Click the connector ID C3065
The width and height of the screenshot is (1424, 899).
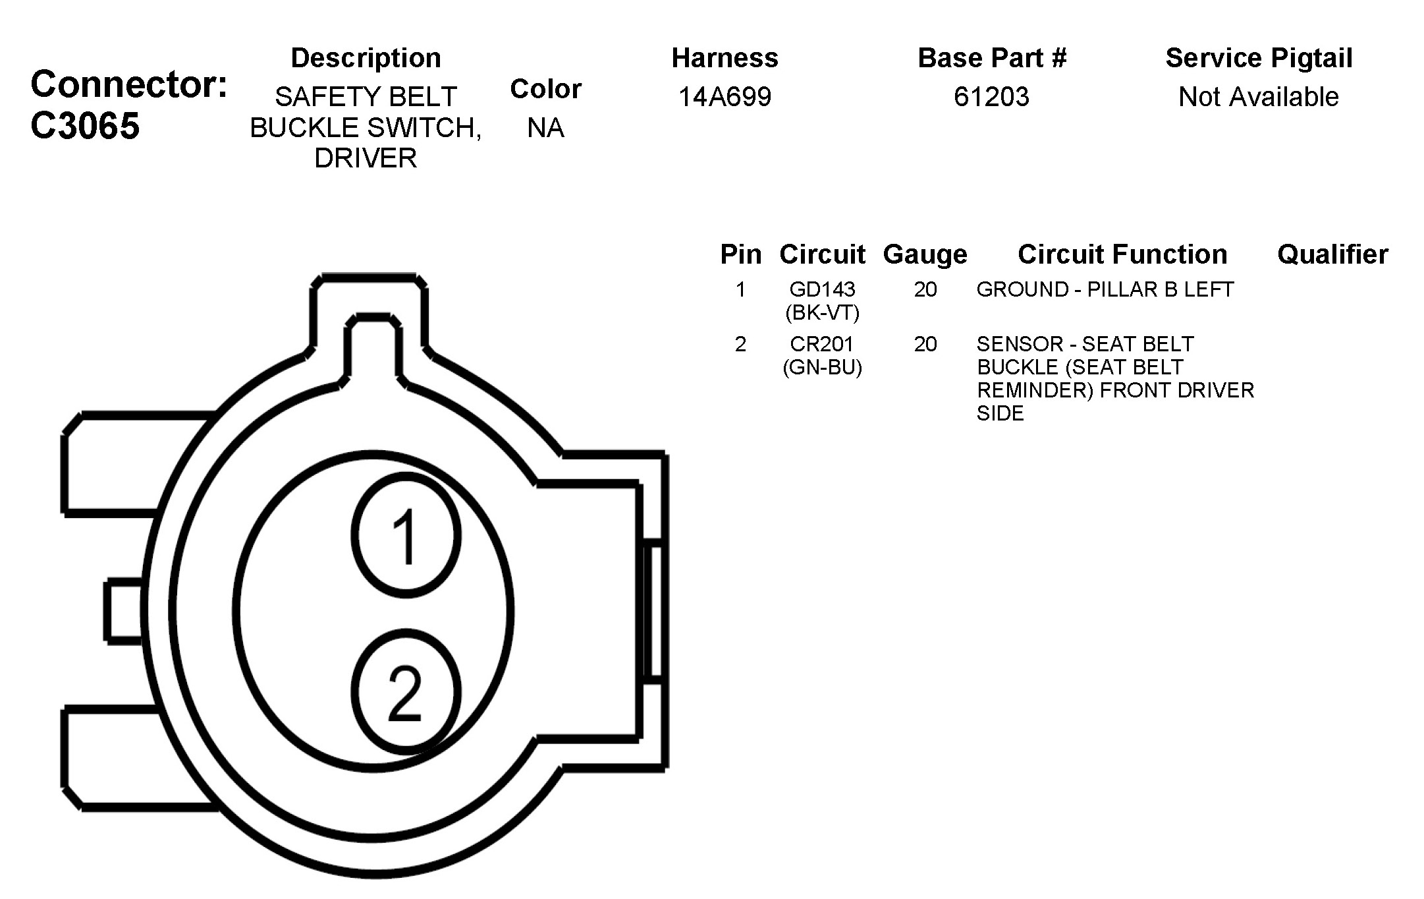pos(85,125)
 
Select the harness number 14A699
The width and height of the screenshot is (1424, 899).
pos(725,97)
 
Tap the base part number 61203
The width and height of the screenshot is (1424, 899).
pos(991,97)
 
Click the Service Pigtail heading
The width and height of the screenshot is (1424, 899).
pos(1259,58)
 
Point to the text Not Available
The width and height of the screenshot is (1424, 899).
pos(1258,97)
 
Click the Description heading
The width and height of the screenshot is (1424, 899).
pos(366,58)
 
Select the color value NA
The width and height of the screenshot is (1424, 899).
pos(545,128)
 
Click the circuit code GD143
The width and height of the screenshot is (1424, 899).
pos(822,289)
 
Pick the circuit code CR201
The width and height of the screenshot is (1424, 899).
pos(822,344)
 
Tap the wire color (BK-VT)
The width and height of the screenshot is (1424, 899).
pos(822,312)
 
